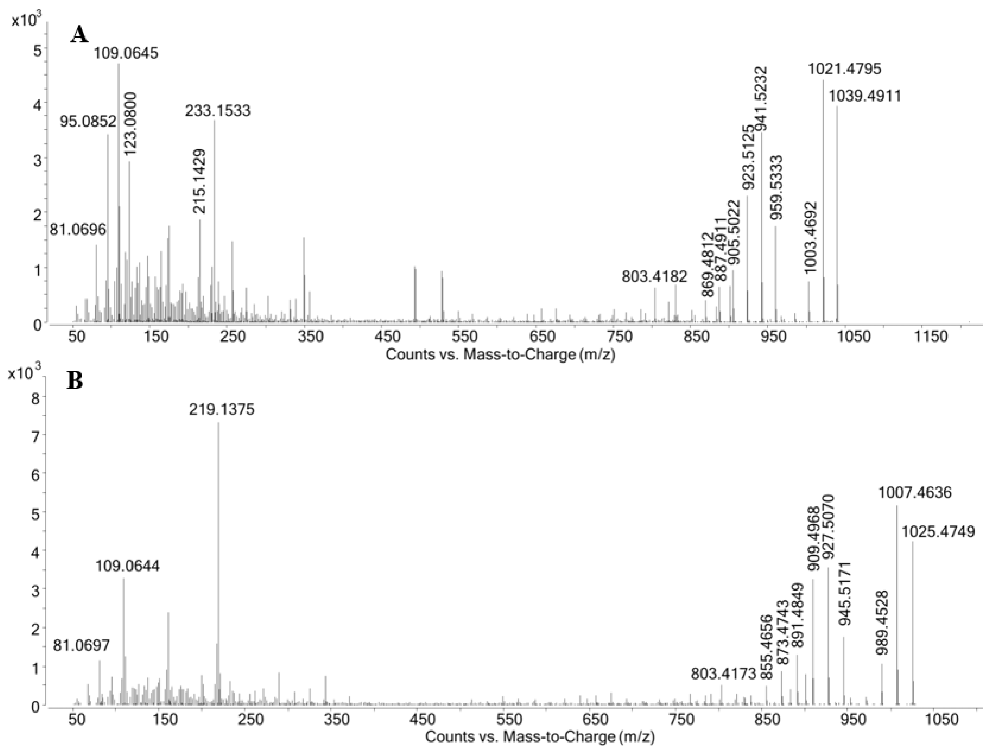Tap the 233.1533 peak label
point(218,111)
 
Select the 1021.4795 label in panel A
point(844,69)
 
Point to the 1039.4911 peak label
point(865,96)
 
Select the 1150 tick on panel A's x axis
point(931,336)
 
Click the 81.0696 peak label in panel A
point(77,230)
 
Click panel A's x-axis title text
point(500,355)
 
